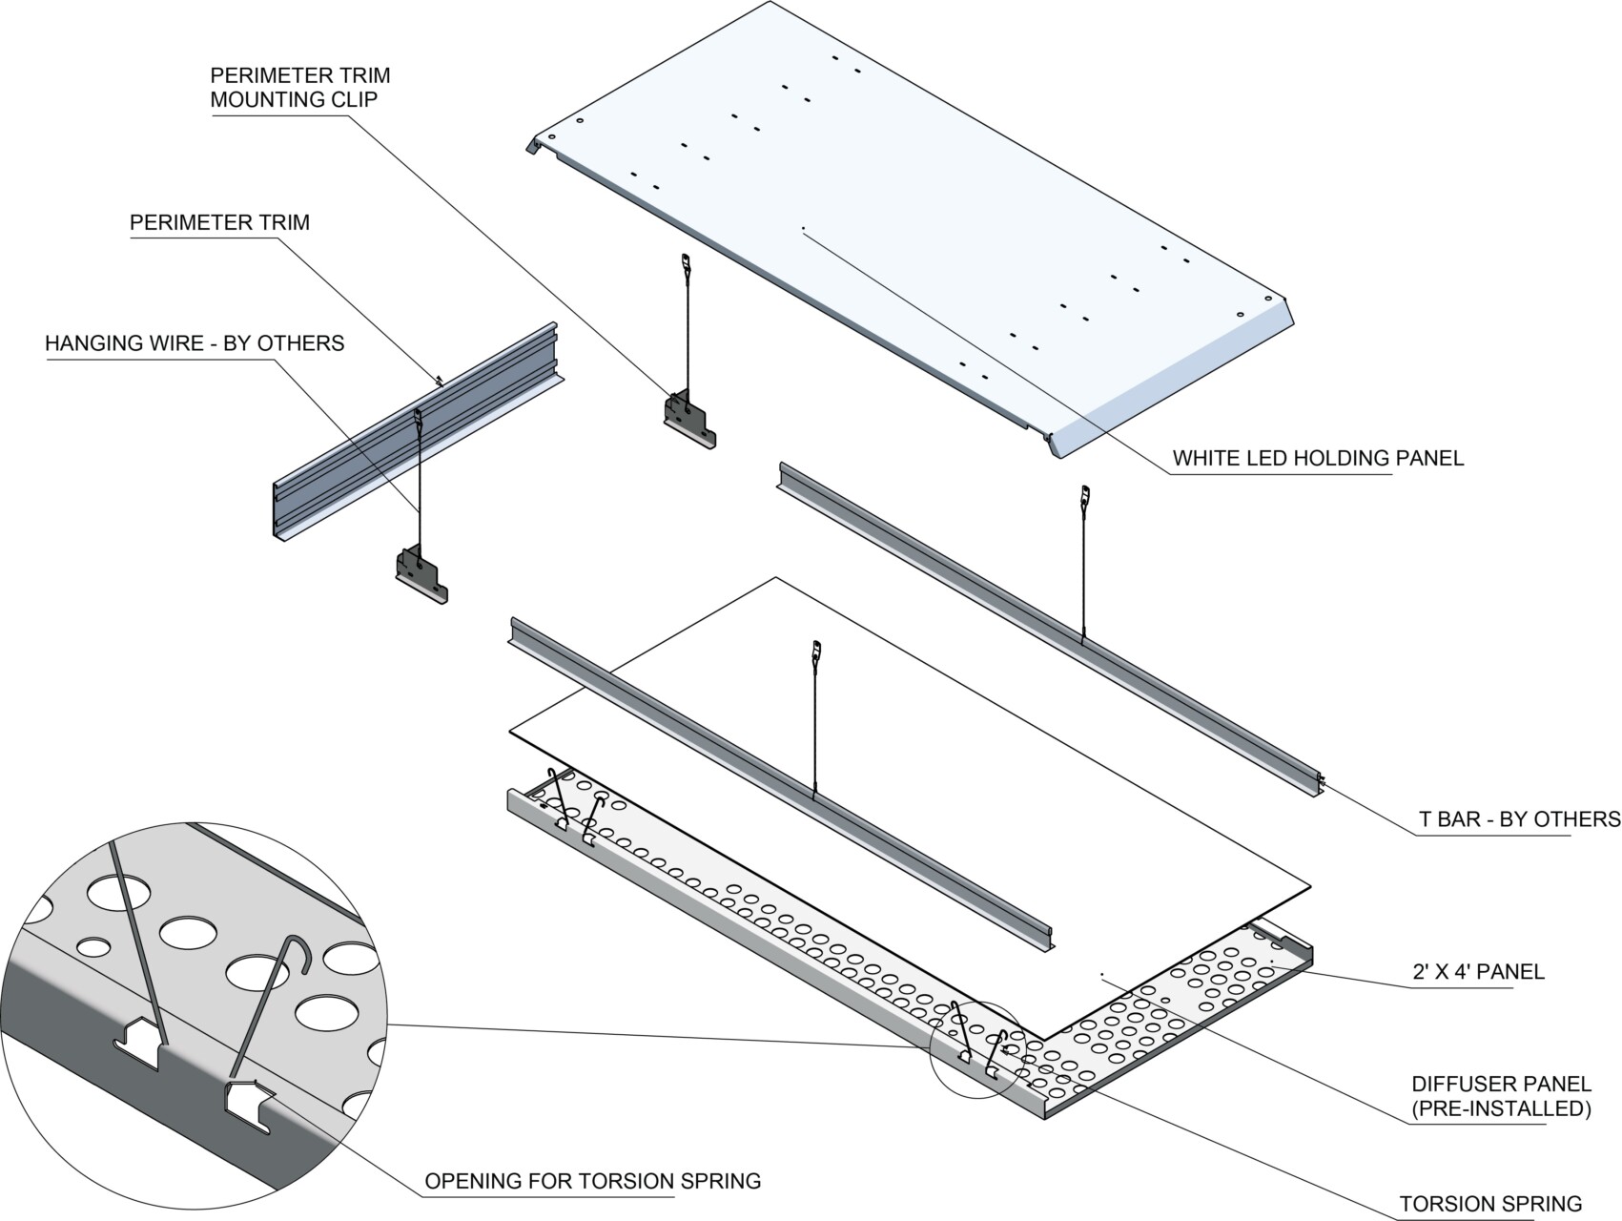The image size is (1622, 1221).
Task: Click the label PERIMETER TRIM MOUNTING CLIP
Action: click(x=300, y=87)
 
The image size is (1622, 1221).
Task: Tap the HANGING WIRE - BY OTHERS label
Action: click(x=195, y=343)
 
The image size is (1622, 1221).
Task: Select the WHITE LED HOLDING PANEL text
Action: click(x=1318, y=458)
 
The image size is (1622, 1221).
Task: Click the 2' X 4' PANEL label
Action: click(x=1478, y=972)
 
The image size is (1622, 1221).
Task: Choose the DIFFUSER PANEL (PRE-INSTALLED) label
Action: click(x=1501, y=1096)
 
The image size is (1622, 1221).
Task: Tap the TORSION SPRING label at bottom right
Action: click(x=1490, y=1204)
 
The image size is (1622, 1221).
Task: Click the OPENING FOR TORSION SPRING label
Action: click(x=592, y=1181)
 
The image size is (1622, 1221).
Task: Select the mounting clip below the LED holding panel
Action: click(x=689, y=419)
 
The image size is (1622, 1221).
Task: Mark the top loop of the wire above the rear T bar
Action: click(x=1084, y=494)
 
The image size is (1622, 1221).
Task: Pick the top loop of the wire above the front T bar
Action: click(x=816, y=650)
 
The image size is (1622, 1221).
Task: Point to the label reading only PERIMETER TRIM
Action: click(x=219, y=222)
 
